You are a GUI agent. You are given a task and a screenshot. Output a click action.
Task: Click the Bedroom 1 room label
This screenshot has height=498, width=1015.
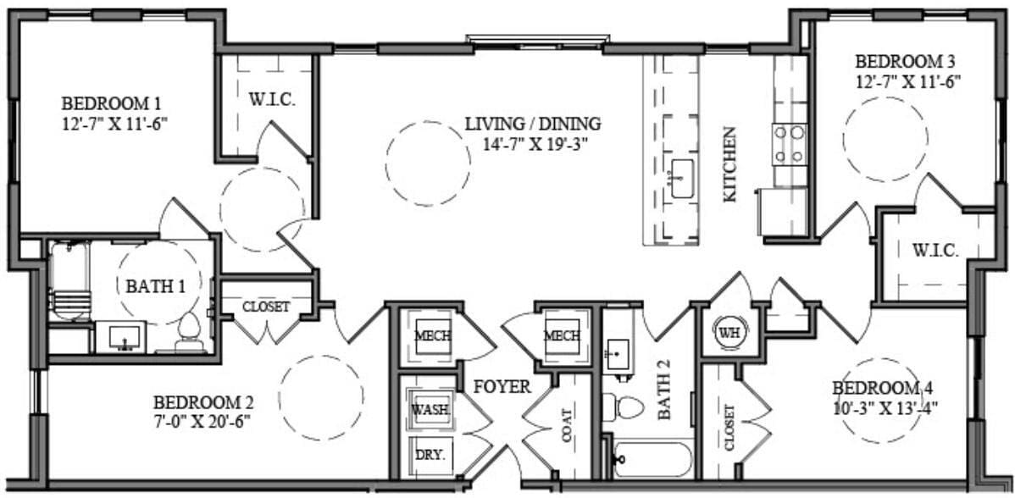coord(111,103)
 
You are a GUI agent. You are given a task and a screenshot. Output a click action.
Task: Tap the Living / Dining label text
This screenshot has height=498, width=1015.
coord(533,124)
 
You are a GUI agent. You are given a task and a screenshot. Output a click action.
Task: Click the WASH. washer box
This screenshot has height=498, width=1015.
coord(430,409)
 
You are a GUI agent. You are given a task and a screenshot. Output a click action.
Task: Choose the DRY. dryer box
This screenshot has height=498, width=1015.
coord(430,453)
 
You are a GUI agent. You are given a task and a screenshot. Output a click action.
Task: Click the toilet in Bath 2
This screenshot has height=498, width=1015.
coord(629,407)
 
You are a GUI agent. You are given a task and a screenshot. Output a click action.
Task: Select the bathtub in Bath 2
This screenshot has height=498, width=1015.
coord(652,459)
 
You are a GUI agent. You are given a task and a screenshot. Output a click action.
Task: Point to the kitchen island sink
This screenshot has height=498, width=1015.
coord(682,179)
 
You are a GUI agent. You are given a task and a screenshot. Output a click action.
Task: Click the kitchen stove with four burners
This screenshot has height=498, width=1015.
coord(790,144)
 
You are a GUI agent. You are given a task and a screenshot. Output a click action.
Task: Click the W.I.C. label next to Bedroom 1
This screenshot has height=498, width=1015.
coord(272,100)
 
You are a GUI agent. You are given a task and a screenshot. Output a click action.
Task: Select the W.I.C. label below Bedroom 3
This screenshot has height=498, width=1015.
coord(935,251)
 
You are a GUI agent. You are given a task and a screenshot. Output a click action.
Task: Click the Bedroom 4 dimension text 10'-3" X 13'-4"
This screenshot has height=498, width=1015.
coord(885,406)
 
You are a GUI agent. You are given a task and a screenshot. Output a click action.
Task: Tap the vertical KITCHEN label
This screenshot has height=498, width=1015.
coord(729,176)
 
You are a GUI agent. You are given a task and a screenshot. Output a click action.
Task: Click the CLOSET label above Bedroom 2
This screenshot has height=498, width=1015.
coord(266,307)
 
